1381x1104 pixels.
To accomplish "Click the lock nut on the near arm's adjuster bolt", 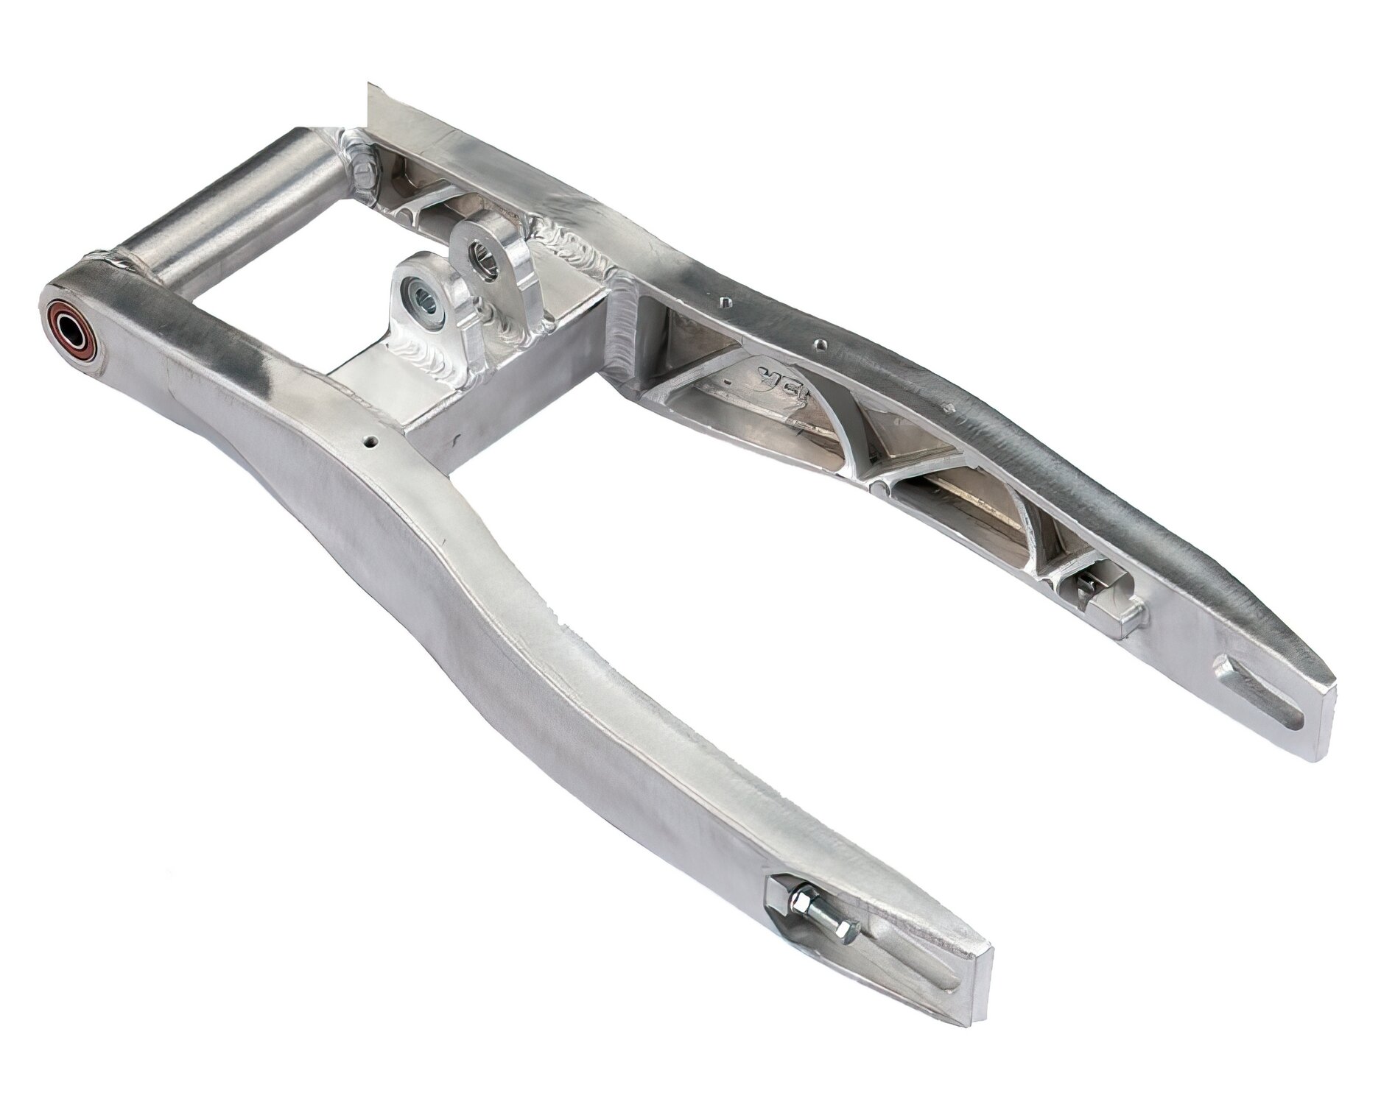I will click(801, 902).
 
